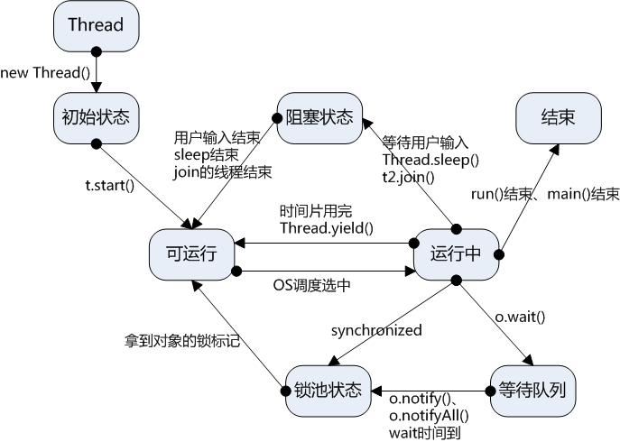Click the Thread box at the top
(x=95, y=25)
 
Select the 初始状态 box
(x=95, y=117)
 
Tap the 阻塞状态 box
(x=319, y=117)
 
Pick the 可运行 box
(x=192, y=254)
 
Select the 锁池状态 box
(x=327, y=391)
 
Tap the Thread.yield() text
(x=326, y=227)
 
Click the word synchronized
(x=375, y=330)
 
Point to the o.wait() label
(x=523, y=318)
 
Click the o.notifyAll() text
(x=429, y=415)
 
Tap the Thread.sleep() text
(x=430, y=160)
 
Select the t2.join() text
(x=409, y=177)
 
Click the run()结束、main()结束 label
(x=545, y=195)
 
